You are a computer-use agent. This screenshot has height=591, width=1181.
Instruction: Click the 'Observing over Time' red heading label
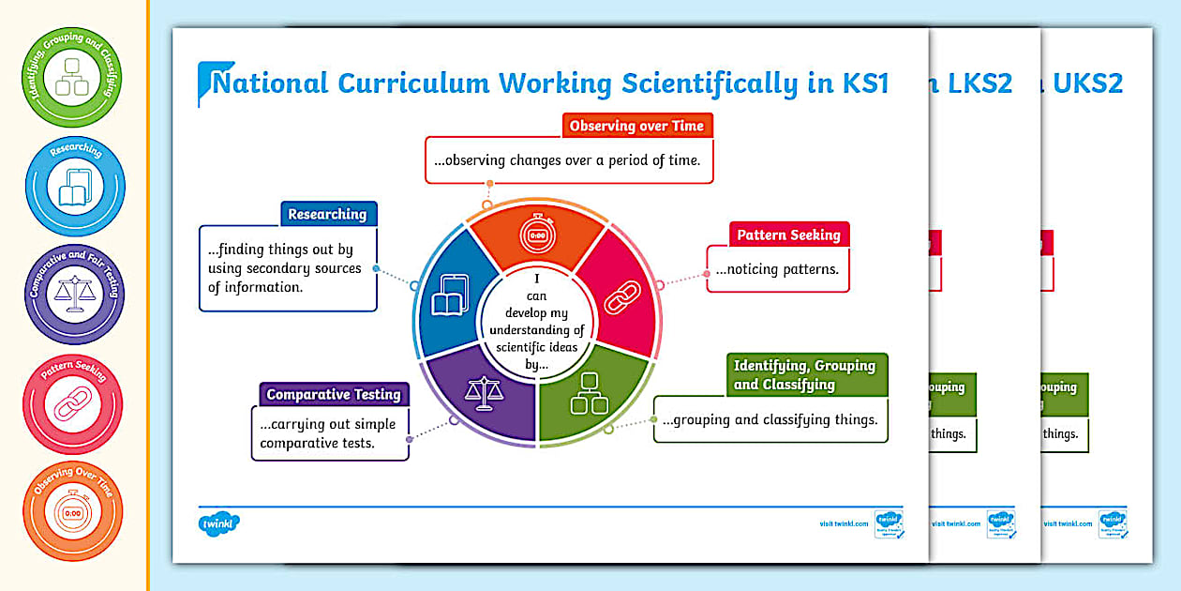pyautogui.click(x=636, y=126)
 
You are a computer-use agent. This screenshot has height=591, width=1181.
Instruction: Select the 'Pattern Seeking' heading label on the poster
pyautogui.click(x=788, y=235)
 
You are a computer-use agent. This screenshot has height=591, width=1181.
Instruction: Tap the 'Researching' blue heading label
pyautogui.click(x=327, y=214)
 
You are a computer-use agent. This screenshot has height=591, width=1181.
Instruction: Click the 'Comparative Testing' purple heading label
pyautogui.click(x=334, y=394)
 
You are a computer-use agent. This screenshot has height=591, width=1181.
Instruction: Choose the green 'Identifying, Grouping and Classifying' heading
pyautogui.click(x=805, y=374)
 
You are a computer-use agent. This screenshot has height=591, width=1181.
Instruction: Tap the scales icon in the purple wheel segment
pyautogui.click(x=484, y=391)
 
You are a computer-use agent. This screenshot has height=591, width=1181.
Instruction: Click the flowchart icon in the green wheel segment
pyautogui.click(x=590, y=394)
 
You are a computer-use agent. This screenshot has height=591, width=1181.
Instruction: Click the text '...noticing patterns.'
pyautogui.click(x=776, y=270)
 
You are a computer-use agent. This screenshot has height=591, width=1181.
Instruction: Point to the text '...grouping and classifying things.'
pyautogui.click(x=770, y=419)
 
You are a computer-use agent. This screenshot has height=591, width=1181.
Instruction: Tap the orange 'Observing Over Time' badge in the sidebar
pyautogui.click(x=73, y=511)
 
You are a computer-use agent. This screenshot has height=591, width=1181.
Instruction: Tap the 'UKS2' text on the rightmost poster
pyautogui.click(x=1087, y=83)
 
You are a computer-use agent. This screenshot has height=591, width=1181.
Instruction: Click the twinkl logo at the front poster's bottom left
pyautogui.click(x=219, y=523)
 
